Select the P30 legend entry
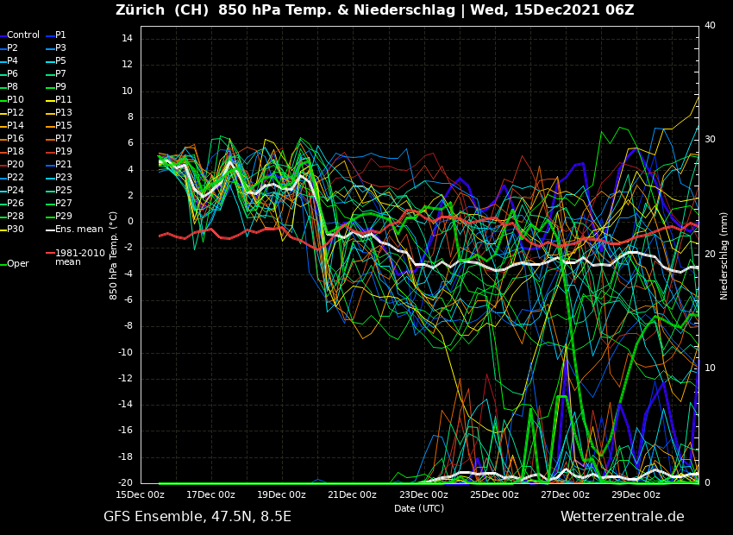point(16,230)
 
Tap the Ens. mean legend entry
point(78,230)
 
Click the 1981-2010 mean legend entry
point(79,257)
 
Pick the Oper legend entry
point(18,264)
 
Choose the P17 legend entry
point(64,139)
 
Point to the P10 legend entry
point(16,100)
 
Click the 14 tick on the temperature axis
point(126,39)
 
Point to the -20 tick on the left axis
point(124,483)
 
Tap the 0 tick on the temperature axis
point(129,222)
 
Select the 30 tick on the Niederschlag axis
point(710,139)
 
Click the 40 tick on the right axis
point(710,26)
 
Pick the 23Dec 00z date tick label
point(423,495)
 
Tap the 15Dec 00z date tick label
point(141,495)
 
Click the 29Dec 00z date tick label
point(636,495)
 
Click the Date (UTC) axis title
point(419,509)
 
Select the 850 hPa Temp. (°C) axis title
point(114,255)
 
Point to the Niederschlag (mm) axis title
point(724,255)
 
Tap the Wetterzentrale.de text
point(622,517)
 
